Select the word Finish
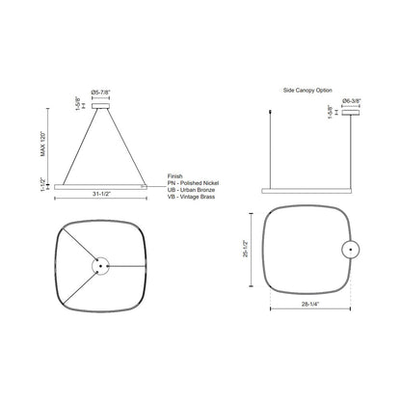[x=175, y=165]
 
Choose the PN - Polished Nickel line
[x=197, y=173]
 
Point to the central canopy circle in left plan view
[x=101, y=264]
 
